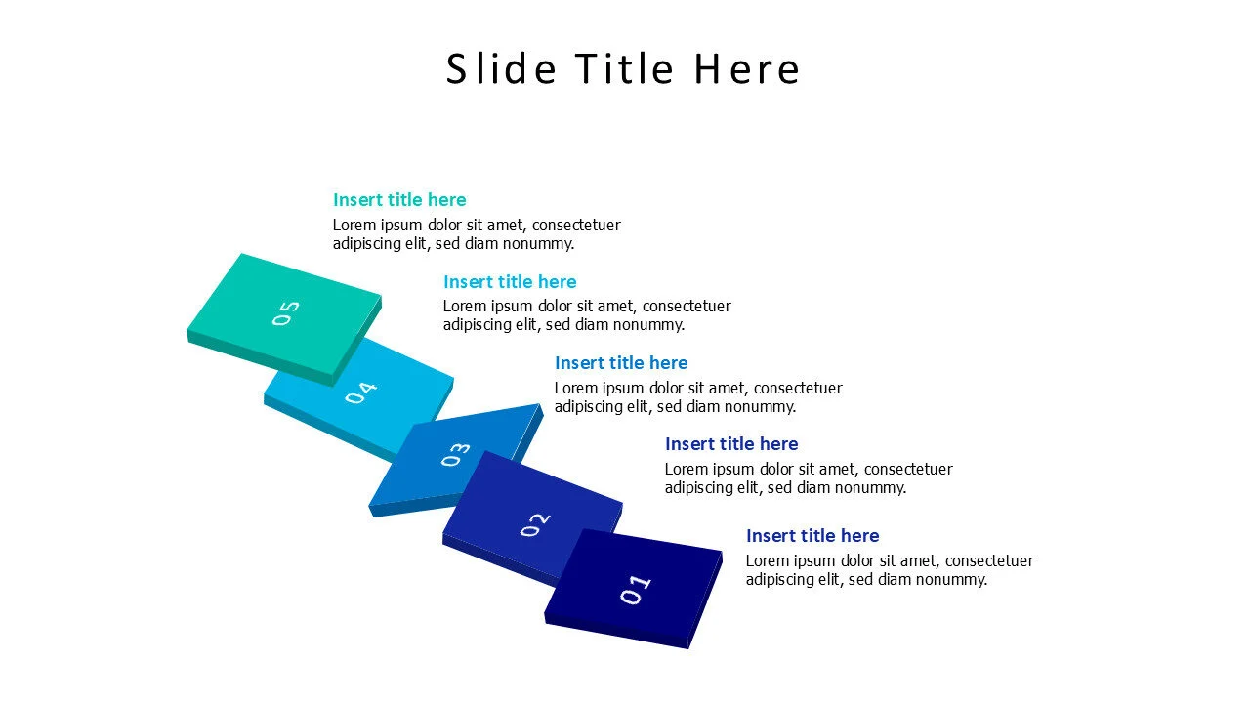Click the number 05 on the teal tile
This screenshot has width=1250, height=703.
pos(286,313)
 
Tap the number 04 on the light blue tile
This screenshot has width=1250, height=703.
pos(360,393)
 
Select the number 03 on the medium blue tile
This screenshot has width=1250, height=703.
pos(455,455)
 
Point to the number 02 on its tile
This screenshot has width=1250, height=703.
pos(534,524)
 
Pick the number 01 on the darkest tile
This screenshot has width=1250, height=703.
pos(635,590)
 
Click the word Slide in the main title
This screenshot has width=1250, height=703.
pos(501,69)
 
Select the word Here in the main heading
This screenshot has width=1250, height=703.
pos(747,69)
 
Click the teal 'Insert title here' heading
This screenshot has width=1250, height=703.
pos(399,200)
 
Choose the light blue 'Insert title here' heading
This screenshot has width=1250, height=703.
pos(510,282)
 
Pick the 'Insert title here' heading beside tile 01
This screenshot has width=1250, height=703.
pos(812,536)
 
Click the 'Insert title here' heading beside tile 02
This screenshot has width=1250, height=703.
pos(731,444)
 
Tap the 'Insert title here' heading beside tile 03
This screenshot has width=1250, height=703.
pos(621,363)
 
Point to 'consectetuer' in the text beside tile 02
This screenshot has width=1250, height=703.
pos(908,470)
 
